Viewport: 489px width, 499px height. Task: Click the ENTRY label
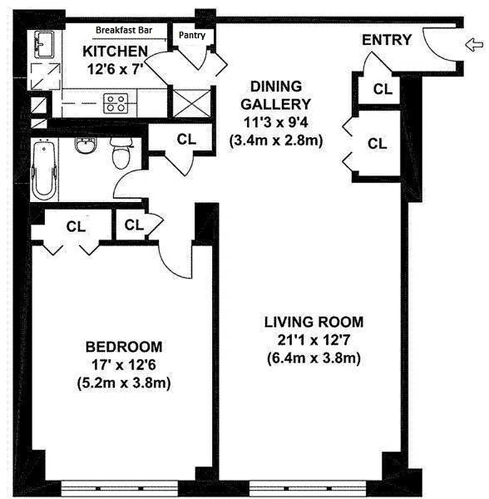[x=387, y=41]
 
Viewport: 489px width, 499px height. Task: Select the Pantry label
[x=192, y=36]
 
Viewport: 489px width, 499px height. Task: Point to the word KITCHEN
[x=115, y=51]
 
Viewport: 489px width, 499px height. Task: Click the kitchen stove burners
[x=116, y=102]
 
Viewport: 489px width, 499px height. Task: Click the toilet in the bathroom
[x=120, y=153]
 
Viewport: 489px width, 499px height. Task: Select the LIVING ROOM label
[x=313, y=322]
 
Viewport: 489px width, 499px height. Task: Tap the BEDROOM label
[x=123, y=346]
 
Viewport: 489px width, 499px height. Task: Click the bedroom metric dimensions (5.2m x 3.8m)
[x=123, y=382]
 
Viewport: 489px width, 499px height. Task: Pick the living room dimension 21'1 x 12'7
[x=313, y=341]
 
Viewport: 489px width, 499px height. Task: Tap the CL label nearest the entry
[x=383, y=89]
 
